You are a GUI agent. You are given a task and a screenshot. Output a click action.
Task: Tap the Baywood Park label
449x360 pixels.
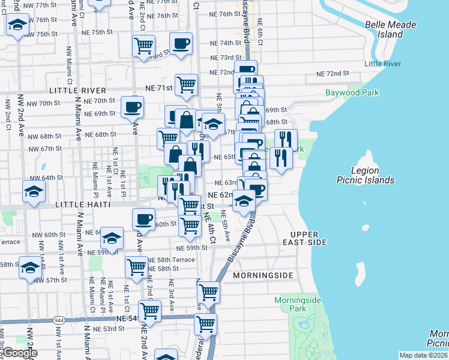pyautogui.click(x=352, y=93)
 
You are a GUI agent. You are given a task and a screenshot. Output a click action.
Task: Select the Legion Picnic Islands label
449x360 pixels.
pyautogui.click(x=364, y=175)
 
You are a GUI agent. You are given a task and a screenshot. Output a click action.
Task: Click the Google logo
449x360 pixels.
pyautogui.click(x=20, y=353)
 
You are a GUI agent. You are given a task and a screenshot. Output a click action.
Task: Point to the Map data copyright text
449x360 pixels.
pyautogui.click(x=424, y=355)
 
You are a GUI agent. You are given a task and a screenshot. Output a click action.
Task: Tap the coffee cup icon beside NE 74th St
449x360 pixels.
pyautogui.click(x=181, y=43)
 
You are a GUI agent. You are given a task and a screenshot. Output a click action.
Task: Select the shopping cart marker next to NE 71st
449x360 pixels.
pyautogui.click(x=187, y=85)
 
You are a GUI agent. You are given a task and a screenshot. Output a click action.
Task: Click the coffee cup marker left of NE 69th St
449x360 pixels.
pyautogui.click(x=132, y=107)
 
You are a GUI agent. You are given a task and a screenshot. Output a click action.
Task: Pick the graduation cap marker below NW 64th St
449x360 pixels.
pyautogui.click(x=34, y=192)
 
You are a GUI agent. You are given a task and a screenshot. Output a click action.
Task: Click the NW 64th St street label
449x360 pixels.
pyautogui.click(x=46, y=178)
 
